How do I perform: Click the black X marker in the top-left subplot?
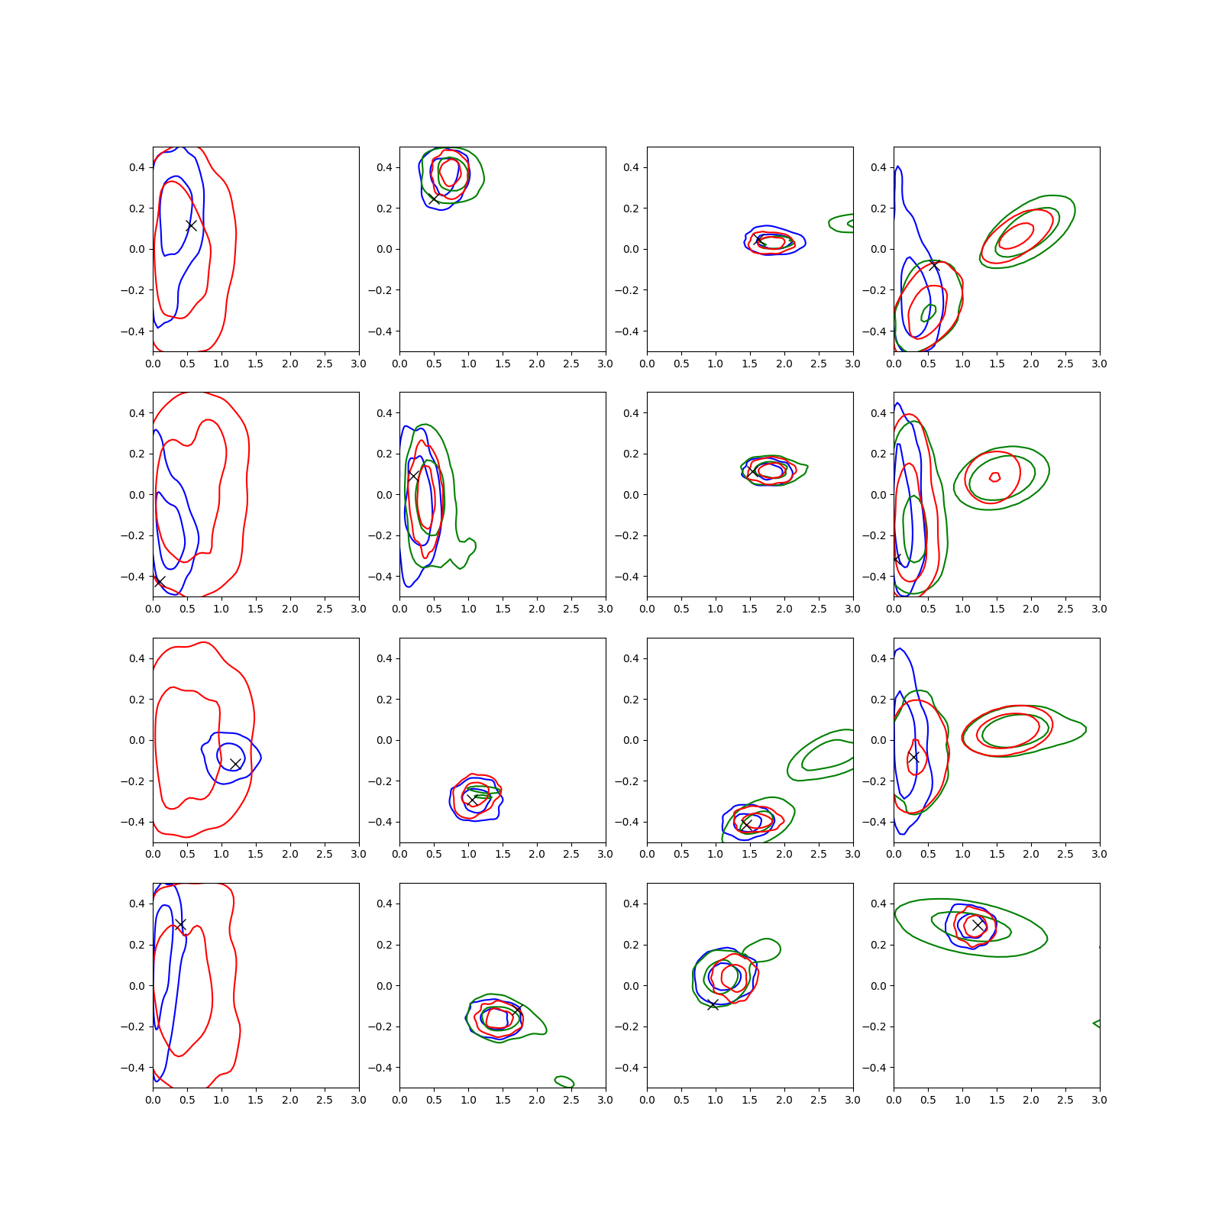[x=192, y=225]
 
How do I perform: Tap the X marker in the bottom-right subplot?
[x=978, y=925]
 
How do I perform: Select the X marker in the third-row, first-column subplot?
[x=235, y=764]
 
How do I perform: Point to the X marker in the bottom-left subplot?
[x=180, y=924]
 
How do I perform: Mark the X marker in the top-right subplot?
[x=934, y=265]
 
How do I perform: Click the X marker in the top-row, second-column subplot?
[x=434, y=199]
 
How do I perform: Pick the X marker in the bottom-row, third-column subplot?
[x=713, y=1005]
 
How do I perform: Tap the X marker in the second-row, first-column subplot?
[x=160, y=582]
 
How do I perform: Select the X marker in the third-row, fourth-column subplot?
[x=914, y=757]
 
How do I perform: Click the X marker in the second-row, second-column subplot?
[x=413, y=475]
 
